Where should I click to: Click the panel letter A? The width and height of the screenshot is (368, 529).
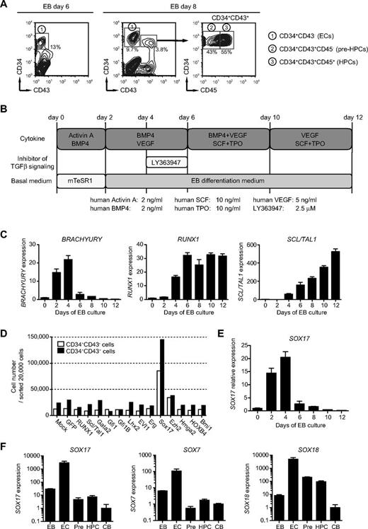pyautogui.click(x=6, y=6)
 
